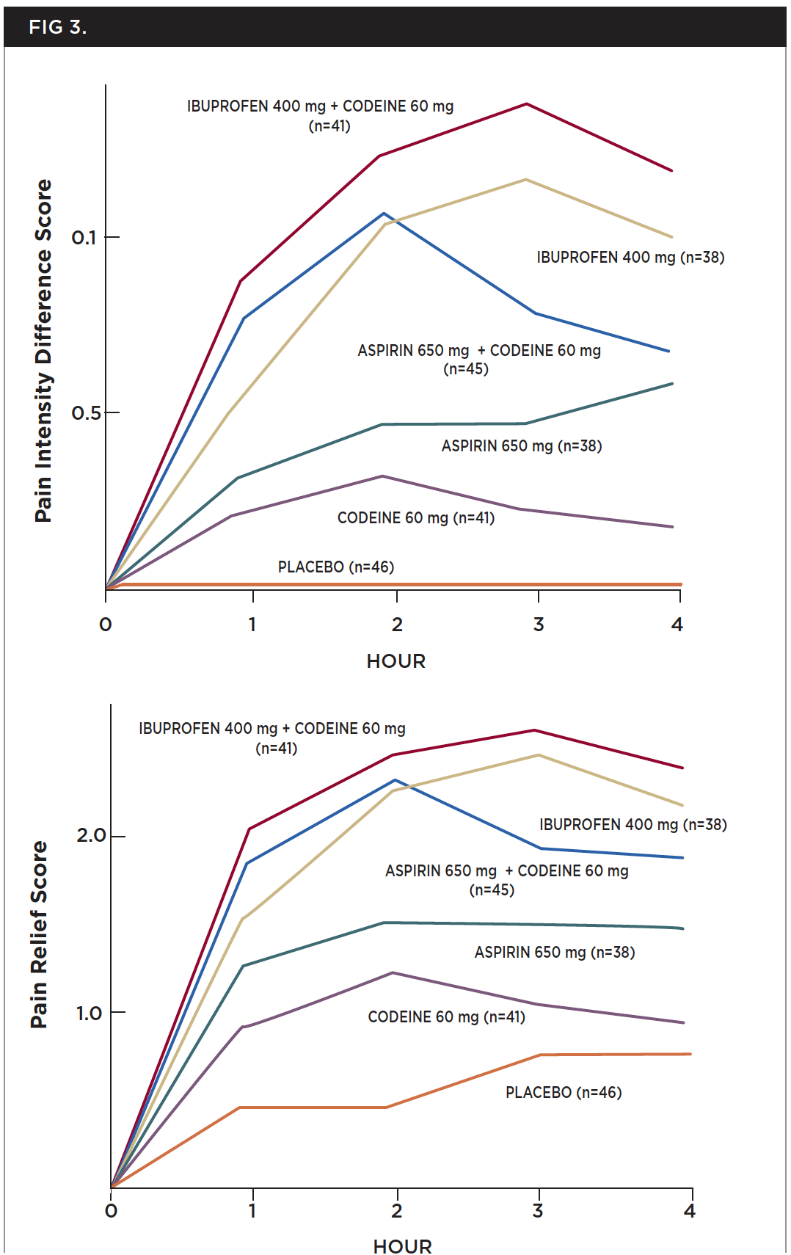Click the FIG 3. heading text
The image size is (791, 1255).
coord(58,27)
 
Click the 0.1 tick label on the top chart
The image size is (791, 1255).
coord(84,238)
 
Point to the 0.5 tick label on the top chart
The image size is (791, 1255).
coord(86,413)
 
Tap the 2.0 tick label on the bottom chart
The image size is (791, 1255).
coord(91,835)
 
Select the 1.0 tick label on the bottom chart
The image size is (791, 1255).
coord(89,1014)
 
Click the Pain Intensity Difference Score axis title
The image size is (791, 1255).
coord(43,351)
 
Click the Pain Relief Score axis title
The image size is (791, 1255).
coord(39,934)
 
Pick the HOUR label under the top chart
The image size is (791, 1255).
coord(395,661)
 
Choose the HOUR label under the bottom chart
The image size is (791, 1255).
coord(402,1246)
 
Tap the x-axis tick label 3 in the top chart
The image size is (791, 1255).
coord(539,625)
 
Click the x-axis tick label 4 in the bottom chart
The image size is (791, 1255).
coord(689,1211)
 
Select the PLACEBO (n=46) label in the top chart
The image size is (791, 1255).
coord(335,567)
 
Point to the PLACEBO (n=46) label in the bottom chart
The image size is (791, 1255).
coord(563,1092)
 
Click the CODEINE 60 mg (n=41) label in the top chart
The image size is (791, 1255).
coord(415,518)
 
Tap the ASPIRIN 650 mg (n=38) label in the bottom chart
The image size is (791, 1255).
coord(554,952)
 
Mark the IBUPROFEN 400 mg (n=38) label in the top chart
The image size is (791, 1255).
coord(630,258)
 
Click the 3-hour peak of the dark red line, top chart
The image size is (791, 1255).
coord(526,104)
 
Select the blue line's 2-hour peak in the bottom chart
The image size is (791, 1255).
coord(395,780)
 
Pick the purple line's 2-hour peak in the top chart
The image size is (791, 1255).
coord(382,476)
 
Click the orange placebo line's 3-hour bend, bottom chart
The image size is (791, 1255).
coord(540,1055)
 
